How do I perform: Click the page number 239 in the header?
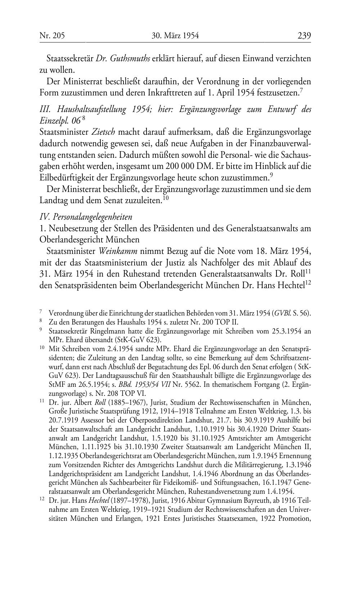pyautogui.click(x=304, y=36)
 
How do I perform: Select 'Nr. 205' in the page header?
pyautogui.click(x=52, y=36)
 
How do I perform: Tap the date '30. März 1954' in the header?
pyautogui.click(x=175, y=36)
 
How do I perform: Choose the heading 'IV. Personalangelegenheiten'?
pyautogui.click(x=86, y=217)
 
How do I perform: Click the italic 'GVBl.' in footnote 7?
pyautogui.click(x=283, y=313)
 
